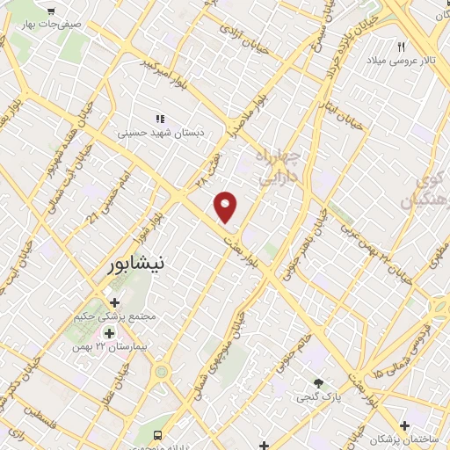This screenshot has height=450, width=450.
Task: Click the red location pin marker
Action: tap(227, 207)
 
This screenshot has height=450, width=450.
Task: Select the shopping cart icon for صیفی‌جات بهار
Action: tap(52, 11)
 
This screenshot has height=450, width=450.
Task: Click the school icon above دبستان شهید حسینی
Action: tap(160, 119)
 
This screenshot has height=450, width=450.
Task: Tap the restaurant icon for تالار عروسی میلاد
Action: tap(402, 47)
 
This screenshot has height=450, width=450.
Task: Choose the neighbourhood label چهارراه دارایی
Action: tap(279, 166)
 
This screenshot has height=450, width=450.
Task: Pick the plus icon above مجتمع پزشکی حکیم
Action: tap(115, 302)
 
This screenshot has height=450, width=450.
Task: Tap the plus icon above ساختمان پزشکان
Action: tap(403, 425)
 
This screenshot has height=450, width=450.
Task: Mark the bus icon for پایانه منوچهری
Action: tap(158, 435)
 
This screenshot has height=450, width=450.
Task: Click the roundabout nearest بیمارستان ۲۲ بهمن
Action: tap(162, 372)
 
